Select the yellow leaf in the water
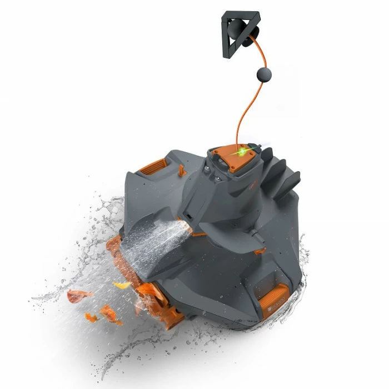pos(122,285)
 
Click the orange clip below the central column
pos(199,234)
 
